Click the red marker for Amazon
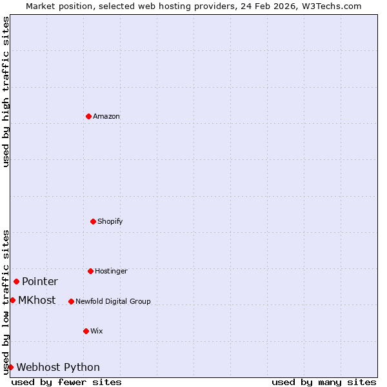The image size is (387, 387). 88,116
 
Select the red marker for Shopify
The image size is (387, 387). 93,221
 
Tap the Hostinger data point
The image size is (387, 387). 90,271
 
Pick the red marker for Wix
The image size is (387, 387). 86,331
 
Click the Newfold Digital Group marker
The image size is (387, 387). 71,301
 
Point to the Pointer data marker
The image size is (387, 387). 16,281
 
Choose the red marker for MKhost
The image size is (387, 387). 12,300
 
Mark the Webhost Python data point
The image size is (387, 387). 10,367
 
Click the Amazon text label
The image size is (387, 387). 106,116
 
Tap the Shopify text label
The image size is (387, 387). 110,221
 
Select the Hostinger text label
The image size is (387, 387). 111,271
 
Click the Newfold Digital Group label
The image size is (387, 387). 113,301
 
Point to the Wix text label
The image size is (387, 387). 97,331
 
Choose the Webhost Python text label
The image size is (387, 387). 58,367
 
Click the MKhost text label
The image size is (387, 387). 37,300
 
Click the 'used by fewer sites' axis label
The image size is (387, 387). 66,382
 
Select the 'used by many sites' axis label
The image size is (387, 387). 324,382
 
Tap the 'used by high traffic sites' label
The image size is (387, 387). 6,92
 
